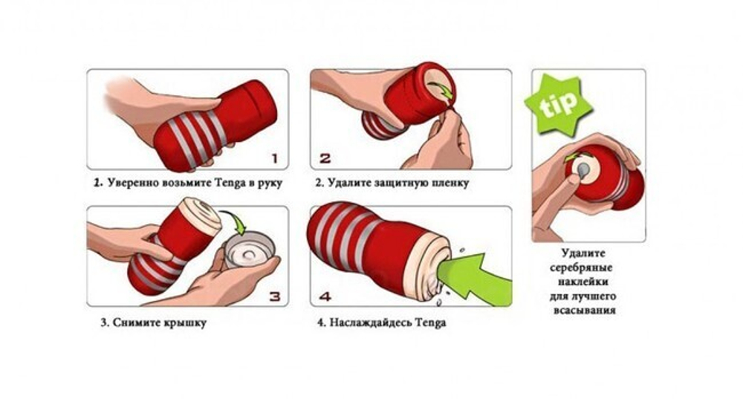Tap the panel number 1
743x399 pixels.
[274, 158]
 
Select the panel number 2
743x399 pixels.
[325, 158]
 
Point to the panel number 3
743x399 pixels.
[275, 296]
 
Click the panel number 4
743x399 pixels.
[325, 296]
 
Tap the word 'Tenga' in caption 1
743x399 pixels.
[231, 183]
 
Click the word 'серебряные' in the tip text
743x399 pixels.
[581, 267]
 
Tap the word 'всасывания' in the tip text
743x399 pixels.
[584, 311]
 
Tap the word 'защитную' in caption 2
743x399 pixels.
[402, 183]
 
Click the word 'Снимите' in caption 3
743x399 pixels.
[137, 323]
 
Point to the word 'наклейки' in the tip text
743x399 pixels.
[583, 282]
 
